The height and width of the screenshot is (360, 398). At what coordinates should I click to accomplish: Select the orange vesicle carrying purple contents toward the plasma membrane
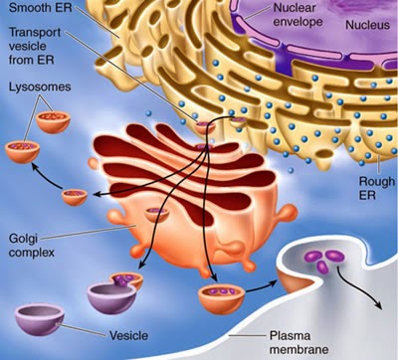click(221, 295)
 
